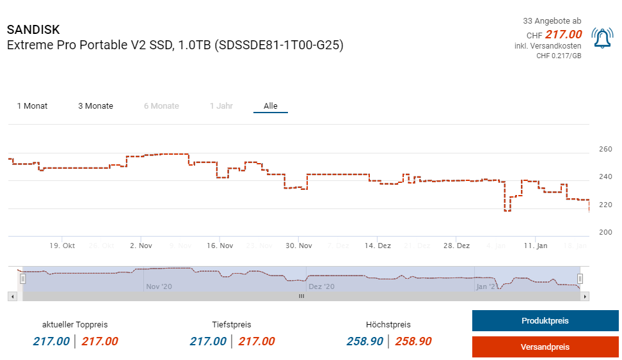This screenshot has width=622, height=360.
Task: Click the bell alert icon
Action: coord(602,39)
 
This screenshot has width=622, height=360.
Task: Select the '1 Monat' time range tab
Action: coord(32,106)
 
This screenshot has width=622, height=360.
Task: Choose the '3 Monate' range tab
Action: coord(95,106)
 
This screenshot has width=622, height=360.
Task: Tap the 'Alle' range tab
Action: coord(271,106)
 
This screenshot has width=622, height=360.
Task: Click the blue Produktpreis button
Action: coord(545,321)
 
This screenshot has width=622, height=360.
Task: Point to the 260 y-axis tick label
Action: coord(605,150)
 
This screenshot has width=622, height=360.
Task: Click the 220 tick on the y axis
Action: coord(605,205)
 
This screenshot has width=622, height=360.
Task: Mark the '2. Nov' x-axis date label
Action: coord(141,246)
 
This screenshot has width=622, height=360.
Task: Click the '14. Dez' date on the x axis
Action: coord(378,246)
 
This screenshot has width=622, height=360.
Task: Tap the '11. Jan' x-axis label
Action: coord(536,246)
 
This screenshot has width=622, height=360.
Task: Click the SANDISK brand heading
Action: coord(33,30)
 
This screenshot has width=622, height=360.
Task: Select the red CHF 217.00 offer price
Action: coord(563,35)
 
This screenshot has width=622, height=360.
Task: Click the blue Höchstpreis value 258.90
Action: coord(365,341)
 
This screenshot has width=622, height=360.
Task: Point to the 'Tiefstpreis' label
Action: coord(232,325)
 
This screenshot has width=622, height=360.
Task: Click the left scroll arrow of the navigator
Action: coord(12,297)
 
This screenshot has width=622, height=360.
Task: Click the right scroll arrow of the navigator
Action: coord(586,297)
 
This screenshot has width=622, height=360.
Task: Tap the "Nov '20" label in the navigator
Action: coord(159,287)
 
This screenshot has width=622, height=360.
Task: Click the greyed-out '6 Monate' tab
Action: coord(161,106)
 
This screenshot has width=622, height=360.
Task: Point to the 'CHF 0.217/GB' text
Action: coord(559,56)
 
